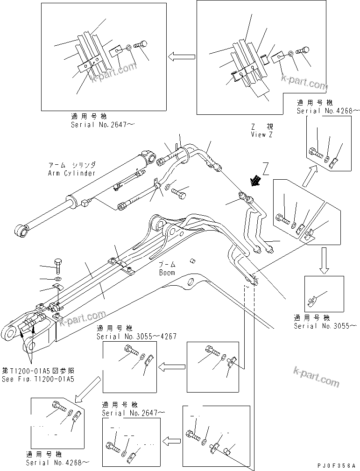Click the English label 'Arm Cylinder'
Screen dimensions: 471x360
point(71,173)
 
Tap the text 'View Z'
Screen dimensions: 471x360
point(261,134)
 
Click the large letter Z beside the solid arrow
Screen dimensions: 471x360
point(266,167)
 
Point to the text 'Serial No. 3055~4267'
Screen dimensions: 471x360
point(136,337)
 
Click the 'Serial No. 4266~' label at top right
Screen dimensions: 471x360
point(329,111)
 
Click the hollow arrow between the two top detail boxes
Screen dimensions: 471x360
point(181,57)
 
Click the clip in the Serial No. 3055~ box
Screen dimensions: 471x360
point(312,302)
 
